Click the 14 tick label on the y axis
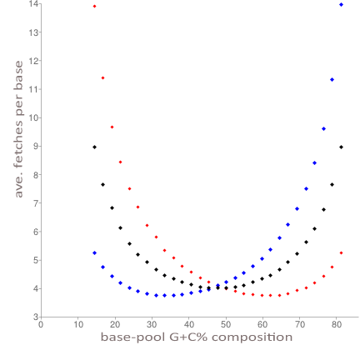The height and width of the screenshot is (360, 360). pyautogui.click(x=34, y=4)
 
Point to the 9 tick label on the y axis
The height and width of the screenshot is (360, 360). pyautogui.click(x=36, y=146)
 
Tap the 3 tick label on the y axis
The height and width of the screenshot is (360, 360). pyautogui.click(x=36, y=317)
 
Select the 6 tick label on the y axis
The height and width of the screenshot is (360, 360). pyautogui.click(x=36, y=231)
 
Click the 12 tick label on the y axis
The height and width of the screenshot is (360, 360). pyautogui.click(x=34, y=61)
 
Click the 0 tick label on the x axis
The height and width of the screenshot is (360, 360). pyautogui.click(x=41, y=325)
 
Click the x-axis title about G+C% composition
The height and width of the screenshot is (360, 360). pyautogui.click(x=197, y=337)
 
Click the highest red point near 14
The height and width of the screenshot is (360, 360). pyautogui.click(x=94, y=6)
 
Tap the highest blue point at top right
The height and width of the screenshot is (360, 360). pyautogui.click(x=341, y=5)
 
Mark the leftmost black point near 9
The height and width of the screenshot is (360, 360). pyautogui.click(x=94, y=147)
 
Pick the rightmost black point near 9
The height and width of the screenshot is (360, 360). pyautogui.click(x=341, y=147)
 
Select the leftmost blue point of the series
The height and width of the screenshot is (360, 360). pyautogui.click(x=94, y=252)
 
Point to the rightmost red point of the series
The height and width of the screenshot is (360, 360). pyautogui.click(x=341, y=252)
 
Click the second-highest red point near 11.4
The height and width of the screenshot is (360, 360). pyautogui.click(x=102, y=77)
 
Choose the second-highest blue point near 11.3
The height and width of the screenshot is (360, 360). pyautogui.click(x=332, y=79)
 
